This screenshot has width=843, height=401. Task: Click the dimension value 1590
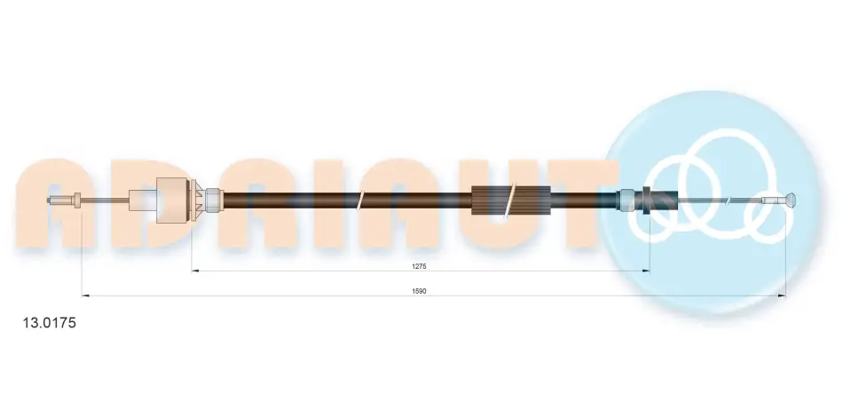[420, 291]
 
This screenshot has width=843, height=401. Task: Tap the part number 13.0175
[49, 323]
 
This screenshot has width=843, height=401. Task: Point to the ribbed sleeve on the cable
[509, 200]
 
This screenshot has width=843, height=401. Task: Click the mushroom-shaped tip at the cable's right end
[791, 200]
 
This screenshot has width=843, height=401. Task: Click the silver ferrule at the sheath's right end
[628, 200]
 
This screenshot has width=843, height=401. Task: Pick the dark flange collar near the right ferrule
[646, 200]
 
